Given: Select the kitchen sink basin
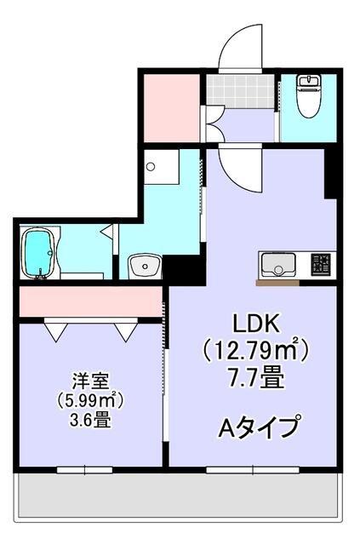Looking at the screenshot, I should [x=277, y=264].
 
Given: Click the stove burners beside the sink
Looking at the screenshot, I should [x=322, y=264].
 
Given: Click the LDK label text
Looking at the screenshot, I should [x=254, y=324].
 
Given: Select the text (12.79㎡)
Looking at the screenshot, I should [x=254, y=349].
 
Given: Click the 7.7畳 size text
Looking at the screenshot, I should [x=254, y=376].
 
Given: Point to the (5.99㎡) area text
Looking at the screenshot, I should [x=88, y=399].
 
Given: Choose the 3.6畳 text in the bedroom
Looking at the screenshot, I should [x=88, y=420].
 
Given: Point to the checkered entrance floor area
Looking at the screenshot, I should [x=239, y=90].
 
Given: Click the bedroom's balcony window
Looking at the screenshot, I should [x=84, y=469].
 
